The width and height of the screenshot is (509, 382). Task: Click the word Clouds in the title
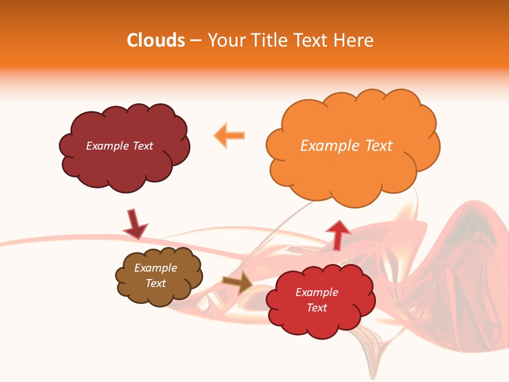click(x=156, y=40)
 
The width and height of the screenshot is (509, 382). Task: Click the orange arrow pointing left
click(x=230, y=136)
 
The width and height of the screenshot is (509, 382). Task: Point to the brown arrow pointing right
click(x=238, y=282)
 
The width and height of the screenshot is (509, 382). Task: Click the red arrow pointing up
click(x=338, y=234)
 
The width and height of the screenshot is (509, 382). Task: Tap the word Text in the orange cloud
click(x=379, y=146)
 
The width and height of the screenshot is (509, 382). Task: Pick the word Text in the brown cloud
click(x=156, y=283)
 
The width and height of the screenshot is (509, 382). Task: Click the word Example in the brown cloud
click(x=156, y=268)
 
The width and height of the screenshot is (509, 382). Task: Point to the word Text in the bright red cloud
click(x=317, y=308)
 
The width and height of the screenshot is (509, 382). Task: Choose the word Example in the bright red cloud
click(x=317, y=292)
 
